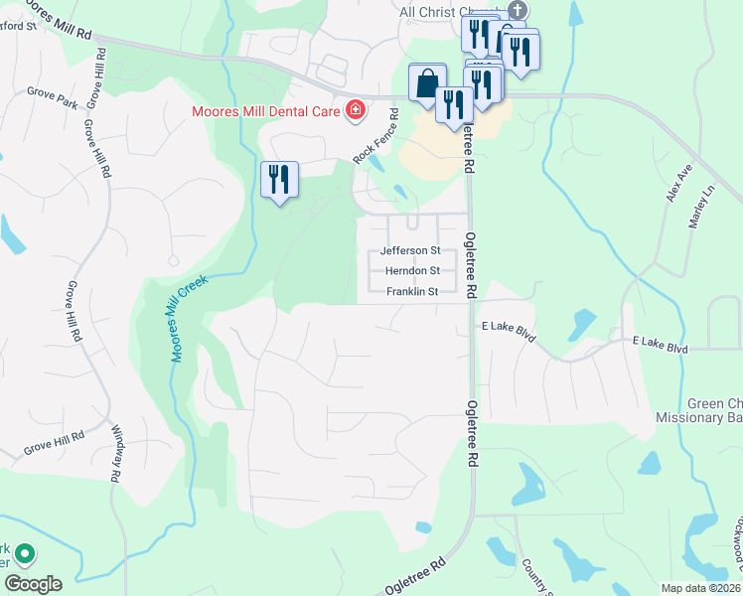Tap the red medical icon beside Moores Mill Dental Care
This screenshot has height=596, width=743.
tap(355, 110)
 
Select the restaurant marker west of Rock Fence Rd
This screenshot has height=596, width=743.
tap(279, 180)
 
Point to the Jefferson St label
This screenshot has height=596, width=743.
tap(410, 251)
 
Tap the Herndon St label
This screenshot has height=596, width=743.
tap(411, 271)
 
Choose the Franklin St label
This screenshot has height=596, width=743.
tap(411, 292)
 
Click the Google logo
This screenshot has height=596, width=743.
tap(32, 584)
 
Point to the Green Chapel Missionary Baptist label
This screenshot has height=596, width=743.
tap(714, 411)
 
